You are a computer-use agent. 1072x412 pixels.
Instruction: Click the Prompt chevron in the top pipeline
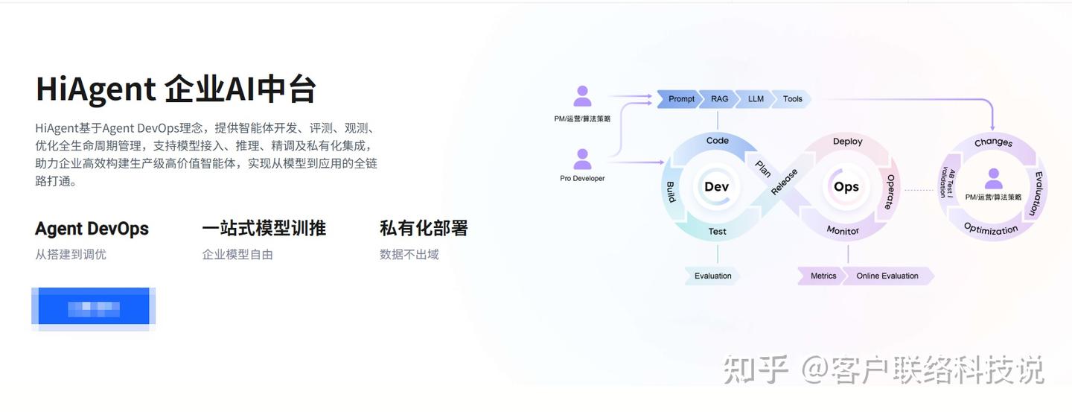[680, 98]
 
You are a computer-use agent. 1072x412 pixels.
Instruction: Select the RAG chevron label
[719, 98]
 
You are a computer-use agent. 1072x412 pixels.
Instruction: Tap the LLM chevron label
[756, 98]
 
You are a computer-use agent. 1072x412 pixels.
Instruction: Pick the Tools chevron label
[792, 98]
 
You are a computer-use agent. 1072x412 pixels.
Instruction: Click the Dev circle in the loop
[716, 187]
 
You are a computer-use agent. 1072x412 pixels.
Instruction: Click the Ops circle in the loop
[846, 187]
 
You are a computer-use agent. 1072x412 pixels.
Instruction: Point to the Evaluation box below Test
[712, 276]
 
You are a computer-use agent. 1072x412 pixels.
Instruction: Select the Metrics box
[823, 276]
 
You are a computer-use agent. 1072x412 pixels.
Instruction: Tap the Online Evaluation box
[887, 276]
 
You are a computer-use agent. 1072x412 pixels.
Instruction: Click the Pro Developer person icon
[582, 159]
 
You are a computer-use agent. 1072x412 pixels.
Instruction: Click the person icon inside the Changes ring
[993, 179]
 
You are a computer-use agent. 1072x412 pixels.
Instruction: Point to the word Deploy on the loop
[847, 142]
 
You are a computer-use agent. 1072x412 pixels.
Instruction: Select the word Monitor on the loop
[843, 231]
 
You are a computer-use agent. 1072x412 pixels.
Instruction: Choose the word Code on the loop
[717, 141]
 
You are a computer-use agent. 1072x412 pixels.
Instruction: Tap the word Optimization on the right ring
[991, 229]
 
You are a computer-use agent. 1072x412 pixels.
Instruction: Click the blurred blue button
[94, 308]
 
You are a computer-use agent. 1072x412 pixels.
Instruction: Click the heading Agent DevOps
[92, 228]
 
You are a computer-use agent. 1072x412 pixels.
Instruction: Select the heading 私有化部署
[424, 228]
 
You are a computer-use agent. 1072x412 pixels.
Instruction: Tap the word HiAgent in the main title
[95, 89]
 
